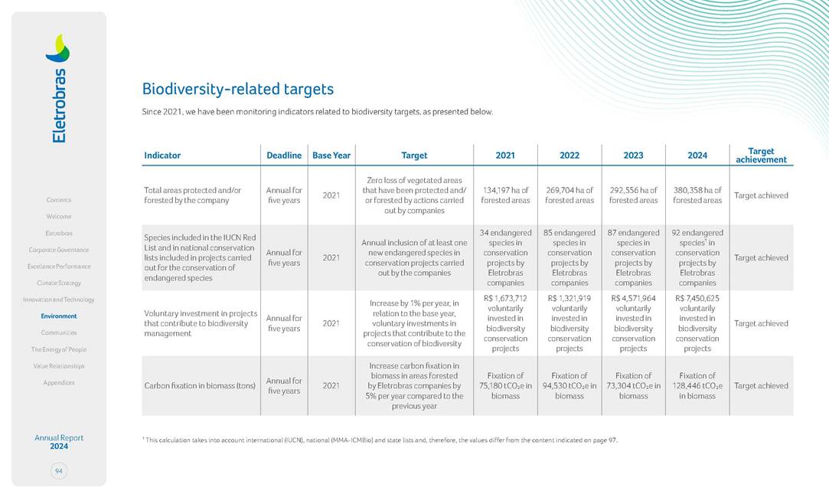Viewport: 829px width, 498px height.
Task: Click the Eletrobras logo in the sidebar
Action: (x=59, y=87)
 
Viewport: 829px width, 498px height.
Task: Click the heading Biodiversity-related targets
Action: (x=238, y=89)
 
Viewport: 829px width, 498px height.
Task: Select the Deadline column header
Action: (x=284, y=156)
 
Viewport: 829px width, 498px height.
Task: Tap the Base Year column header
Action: (x=331, y=156)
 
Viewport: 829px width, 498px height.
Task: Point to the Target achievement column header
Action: (x=761, y=156)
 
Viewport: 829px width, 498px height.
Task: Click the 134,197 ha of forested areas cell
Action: (x=505, y=195)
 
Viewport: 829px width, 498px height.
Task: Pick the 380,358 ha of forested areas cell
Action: (x=697, y=195)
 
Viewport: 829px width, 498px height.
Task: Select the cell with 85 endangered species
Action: (x=570, y=257)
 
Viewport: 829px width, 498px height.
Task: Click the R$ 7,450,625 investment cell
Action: (x=697, y=323)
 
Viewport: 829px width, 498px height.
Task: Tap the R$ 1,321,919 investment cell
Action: (x=570, y=323)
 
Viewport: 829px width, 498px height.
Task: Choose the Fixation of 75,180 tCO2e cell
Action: (x=505, y=386)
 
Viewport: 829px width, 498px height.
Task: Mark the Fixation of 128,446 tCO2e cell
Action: (x=697, y=386)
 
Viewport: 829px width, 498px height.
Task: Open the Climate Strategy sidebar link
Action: (x=59, y=283)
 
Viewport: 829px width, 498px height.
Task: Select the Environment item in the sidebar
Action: (x=59, y=316)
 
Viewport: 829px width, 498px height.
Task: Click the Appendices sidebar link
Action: (x=59, y=382)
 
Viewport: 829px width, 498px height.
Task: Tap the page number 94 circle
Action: (x=59, y=471)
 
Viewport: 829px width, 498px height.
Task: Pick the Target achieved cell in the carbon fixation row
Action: (x=761, y=386)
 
